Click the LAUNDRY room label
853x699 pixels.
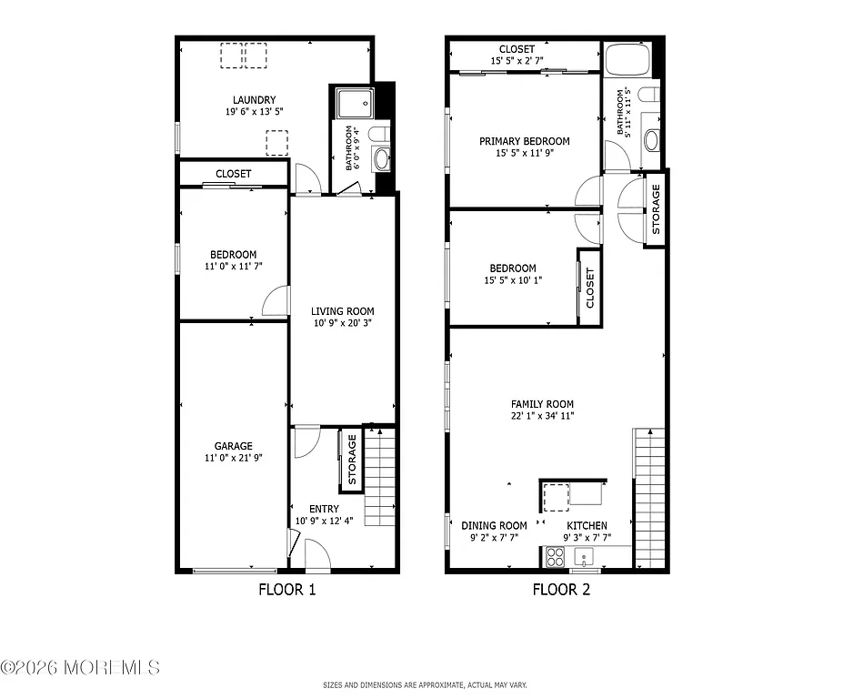tap(254, 100)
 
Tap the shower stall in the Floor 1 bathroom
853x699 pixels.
tap(354, 104)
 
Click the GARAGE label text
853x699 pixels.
tap(234, 446)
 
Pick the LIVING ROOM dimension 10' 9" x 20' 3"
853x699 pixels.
tap(342, 322)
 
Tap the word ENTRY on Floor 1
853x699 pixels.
tap(324, 509)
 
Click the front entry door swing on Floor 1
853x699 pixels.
tap(317, 552)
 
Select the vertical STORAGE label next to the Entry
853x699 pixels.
tap(353, 460)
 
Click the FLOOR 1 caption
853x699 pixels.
tap(287, 590)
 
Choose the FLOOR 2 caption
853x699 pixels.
tap(561, 590)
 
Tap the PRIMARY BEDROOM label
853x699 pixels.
tap(525, 141)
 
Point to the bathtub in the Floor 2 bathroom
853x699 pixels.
tap(627, 62)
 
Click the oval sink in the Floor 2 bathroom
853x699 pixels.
tap(652, 141)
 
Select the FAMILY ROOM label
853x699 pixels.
tap(542, 404)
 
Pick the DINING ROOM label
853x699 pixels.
tap(494, 525)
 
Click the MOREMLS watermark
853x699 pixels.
tap(80, 667)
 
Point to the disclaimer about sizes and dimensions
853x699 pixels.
tap(425, 685)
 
